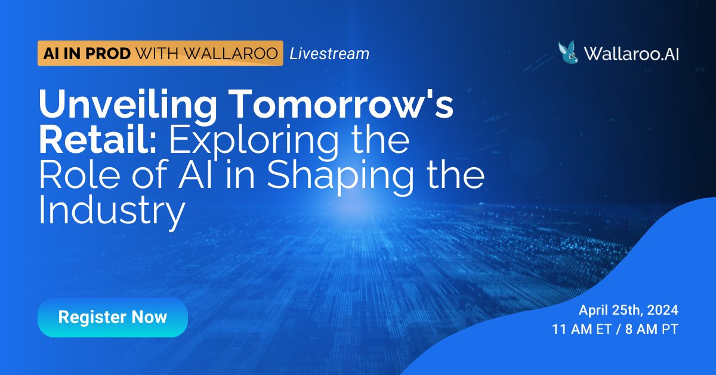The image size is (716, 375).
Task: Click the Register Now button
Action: point(113,317)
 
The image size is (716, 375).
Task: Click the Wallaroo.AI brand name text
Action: point(632,54)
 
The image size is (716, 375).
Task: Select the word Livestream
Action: point(329,54)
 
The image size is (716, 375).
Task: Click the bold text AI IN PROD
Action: point(86,54)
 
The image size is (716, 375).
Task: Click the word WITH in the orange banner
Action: point(156,54)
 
